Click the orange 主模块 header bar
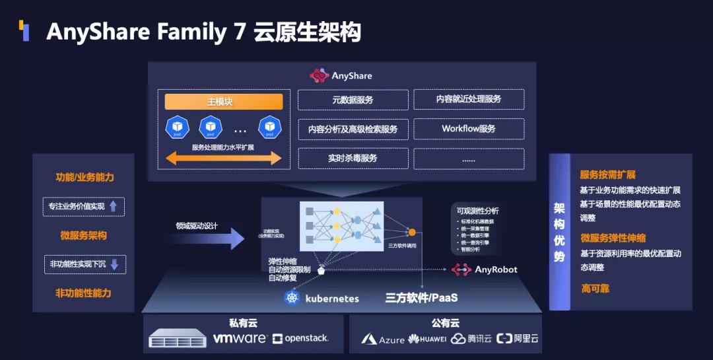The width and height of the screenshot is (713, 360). tap(223, 102)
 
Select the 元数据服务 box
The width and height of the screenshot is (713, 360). tap(353, 100)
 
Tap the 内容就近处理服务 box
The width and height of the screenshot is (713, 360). tap(469, 99)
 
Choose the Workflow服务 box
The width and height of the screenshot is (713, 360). tap(469, 129)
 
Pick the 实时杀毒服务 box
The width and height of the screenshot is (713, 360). tap(353, 159)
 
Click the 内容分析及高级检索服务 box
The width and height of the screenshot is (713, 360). tap(353, 129)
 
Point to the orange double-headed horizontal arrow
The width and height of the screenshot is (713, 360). tap(223, 158)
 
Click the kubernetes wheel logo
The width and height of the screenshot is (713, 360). tap(292, 298)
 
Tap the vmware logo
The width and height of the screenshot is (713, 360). tap(240, 338)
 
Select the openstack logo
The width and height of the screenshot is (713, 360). tap(300, 338)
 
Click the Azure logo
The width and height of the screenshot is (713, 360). tap(383, 339)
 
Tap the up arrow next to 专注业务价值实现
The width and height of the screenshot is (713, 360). tap(114, 206)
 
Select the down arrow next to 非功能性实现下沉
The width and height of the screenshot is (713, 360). tap(114, 264)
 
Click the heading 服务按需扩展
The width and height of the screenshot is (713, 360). tap(607, 175)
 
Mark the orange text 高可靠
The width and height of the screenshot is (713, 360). tap(595, 289)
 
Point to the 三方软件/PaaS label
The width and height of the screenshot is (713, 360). tap(422, 298)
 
